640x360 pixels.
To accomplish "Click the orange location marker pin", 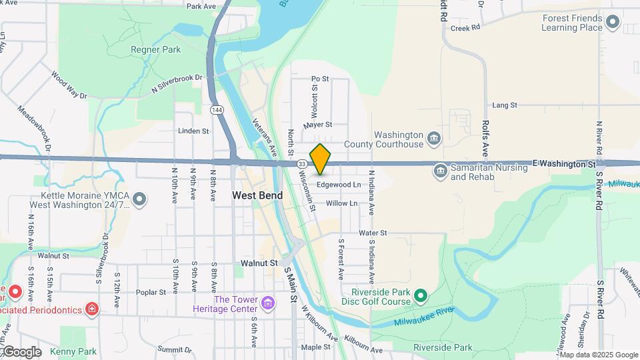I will click(x=321, y=159).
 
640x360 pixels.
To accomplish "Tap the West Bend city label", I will click(x=257, y=195).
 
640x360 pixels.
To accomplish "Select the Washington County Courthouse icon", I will click(x=434, y=139).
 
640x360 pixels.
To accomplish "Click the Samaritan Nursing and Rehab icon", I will click(x=440, y=171).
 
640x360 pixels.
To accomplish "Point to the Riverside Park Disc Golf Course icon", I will click(x=420, y=295).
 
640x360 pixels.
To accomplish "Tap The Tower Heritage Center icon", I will click(x=268, y=304).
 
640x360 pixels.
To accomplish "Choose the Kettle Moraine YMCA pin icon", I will click(x=139, y=199).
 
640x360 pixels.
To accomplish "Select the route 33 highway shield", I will click(x=302, y=163).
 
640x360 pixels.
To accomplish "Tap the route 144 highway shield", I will click(x=217, y=109).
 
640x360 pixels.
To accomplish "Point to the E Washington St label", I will click(x=563, y=163).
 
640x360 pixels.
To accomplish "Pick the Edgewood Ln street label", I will click(x=339, y=185).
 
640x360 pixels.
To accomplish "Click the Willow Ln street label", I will click(x=342, y=203).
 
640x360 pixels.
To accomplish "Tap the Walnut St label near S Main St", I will click(x=259, y=263).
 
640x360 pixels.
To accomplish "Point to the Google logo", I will click(x=21, y=351).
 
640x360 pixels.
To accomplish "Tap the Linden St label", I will click(x=194, y=131).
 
